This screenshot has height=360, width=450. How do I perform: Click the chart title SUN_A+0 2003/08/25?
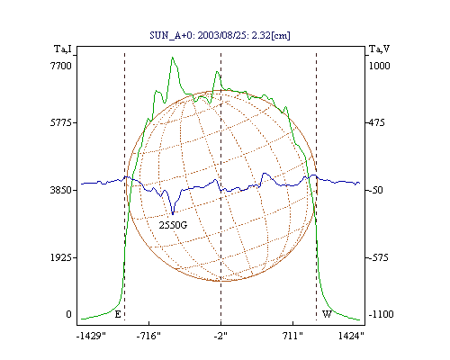[x=220, y=35]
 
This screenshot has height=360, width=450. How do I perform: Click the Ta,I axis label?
[x=63, y=49]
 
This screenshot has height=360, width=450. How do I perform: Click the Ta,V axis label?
[x=379, y=49]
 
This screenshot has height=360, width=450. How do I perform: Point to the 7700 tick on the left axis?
[x=61, y=66]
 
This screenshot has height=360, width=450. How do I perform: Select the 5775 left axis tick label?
[x=61, y=122]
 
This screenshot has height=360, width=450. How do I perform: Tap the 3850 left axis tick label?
[x=61, y=190]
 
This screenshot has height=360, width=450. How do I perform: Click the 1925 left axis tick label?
[x=61, y=257]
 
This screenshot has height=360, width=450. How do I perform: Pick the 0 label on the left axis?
[x=68, y=314]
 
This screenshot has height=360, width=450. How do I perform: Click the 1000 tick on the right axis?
[x=379, y=66]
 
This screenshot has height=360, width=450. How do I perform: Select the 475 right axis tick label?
[x=376, y=122]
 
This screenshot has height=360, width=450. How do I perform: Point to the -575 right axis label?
[x=379, y=257]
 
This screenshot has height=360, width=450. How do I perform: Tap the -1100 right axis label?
[x=381, y=314]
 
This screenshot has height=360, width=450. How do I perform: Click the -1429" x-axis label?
[x=91, y=336]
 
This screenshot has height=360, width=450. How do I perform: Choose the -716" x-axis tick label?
[x=148, y=336]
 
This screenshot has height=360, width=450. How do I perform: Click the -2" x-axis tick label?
[x=220, y=336]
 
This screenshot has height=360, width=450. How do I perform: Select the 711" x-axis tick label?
[x=292, y=336]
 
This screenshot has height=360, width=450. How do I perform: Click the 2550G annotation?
[x=173, y=225]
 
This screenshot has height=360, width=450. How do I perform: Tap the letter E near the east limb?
[x=118, y=314]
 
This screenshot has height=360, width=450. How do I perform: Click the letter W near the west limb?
[x=327, y=314]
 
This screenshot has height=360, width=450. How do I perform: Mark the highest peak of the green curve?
[x=173, y=57]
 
